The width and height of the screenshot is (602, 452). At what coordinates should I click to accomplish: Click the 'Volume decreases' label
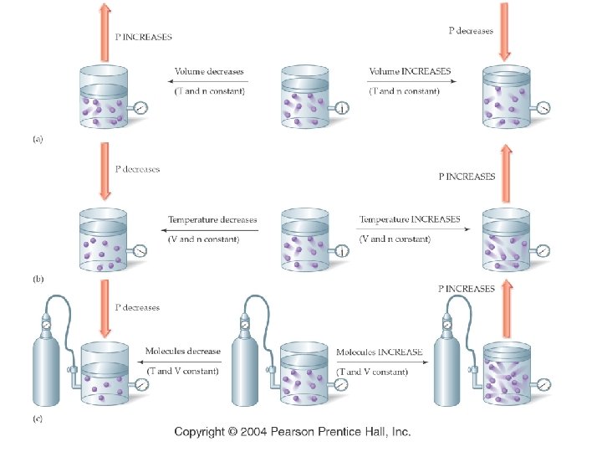pos(205,72)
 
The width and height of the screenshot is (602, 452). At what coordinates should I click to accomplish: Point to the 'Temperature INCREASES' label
pos(410,220)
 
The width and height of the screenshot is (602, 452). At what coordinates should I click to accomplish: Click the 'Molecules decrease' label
pos(183,352)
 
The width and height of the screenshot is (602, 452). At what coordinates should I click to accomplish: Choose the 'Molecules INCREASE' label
pos(380,352)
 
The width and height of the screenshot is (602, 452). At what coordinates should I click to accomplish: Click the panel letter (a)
pos(37,140)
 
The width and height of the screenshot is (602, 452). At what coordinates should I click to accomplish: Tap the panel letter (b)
pos(37,275)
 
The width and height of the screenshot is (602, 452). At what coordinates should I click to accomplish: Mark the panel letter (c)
pos(37,419)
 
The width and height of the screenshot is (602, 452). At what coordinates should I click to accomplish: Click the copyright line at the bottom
pos(293,432)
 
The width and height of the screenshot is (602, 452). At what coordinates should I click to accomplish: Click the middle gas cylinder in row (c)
pos(246,368)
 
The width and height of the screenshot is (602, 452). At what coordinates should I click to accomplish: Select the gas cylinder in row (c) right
pos(448,368)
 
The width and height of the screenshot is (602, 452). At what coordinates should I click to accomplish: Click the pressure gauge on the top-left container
pos(140,108)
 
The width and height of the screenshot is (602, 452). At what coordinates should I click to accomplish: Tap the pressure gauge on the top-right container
pos(544,108)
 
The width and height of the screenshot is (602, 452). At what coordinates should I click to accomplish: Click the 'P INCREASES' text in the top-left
pos(144,38)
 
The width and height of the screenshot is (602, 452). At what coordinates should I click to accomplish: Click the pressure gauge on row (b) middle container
pos(343,250)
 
